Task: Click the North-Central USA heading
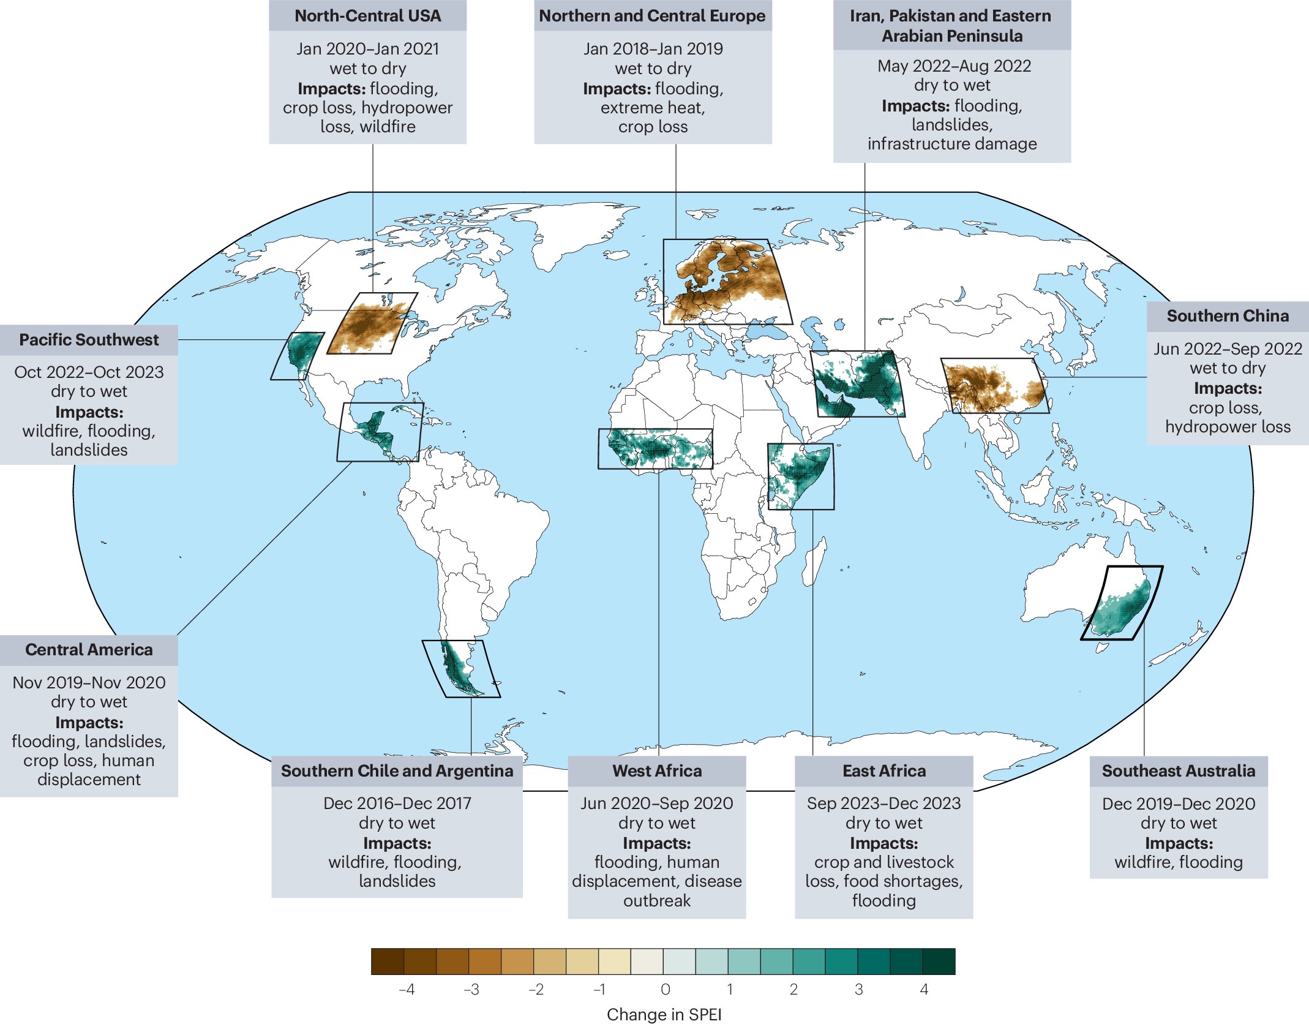[367, 16]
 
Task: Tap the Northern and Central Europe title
[652, 16]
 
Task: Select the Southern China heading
[1227, 316]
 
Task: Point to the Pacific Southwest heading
[89, 340]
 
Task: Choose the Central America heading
[89, 650]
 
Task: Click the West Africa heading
[657, 771]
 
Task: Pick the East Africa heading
[883, 771]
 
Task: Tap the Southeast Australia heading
[1178, 771]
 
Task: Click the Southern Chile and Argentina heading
[397, 771]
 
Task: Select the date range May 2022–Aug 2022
[954, 66]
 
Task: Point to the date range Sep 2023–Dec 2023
[883, 804]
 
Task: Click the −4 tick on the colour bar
[407, 989]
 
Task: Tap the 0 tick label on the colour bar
[666, 989]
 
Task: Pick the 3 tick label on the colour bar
[858, 989]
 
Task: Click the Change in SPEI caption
[664, 1015]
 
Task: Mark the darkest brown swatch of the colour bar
[388, 962]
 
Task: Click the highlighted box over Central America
[380, 432]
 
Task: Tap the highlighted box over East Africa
[800, 476]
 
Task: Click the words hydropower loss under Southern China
[1227, 427]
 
